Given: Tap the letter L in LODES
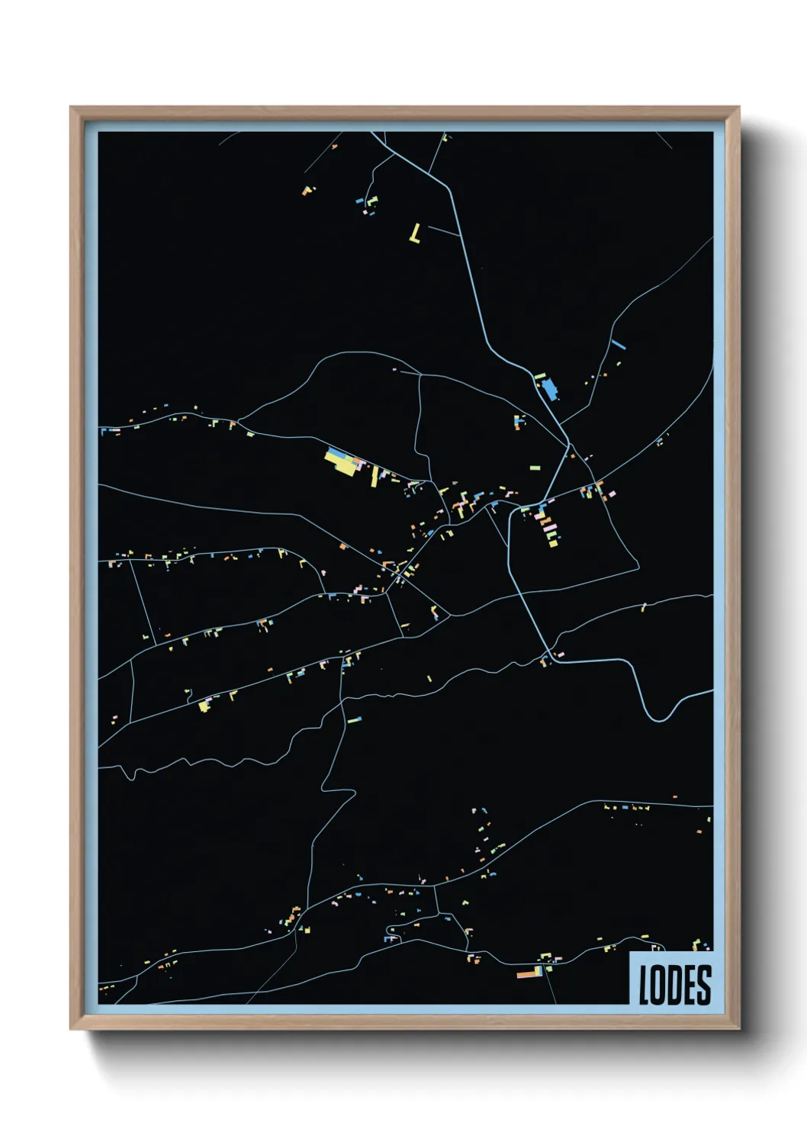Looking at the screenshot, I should coord(644,984).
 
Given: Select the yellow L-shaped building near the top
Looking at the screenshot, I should coord(415,233).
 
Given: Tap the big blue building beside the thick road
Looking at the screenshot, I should coord(549,389).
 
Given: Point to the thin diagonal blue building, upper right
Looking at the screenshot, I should coord(618,344).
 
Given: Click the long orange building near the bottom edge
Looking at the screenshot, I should coord(527,974).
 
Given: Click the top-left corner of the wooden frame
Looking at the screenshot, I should coord(71,108).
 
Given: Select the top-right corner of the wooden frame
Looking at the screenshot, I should coord(738,108).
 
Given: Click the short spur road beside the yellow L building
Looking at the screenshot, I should coord(445,231).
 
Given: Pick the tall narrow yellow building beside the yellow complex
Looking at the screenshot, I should coord(374,478).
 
